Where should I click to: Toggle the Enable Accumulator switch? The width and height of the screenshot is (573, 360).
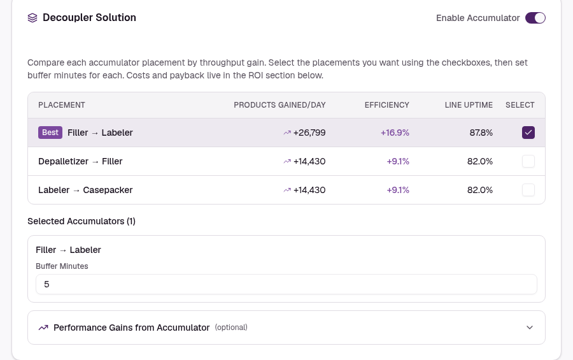click(535, 18)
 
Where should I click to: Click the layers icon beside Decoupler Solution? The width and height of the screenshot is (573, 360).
click(32, 18)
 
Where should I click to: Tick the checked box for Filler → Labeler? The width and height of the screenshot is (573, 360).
click(528, 133)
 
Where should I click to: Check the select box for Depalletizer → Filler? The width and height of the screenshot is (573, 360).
click(528, 161)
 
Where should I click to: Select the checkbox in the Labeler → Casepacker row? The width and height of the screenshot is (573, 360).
click(528, 190)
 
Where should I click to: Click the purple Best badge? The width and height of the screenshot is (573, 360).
click(50, 133)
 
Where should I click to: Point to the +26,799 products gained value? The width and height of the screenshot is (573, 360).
click(309, 133)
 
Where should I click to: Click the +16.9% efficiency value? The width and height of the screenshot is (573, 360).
click(395, 133)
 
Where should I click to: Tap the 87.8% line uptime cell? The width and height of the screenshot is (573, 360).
click(481, 133)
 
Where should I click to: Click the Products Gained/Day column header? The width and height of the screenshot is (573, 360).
click(279, 105)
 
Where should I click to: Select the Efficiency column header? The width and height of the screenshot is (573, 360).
click(386, 105)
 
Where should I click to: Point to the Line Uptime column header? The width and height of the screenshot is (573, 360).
click(469, 105)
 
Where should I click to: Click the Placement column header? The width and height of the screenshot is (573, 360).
click(62, 105)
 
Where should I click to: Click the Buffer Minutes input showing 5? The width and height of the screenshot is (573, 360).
click(286, 284)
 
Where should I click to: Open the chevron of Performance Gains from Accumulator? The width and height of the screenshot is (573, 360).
click(530, 328)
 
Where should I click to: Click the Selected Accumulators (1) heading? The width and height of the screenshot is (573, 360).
click(81, 221)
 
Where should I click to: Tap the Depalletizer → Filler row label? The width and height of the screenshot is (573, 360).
click(80, 161)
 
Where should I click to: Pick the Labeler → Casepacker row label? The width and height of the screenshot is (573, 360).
click(85, 190)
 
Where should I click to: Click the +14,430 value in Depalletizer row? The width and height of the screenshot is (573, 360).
click(309, 161)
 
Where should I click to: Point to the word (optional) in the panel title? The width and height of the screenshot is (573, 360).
click(231, 328)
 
